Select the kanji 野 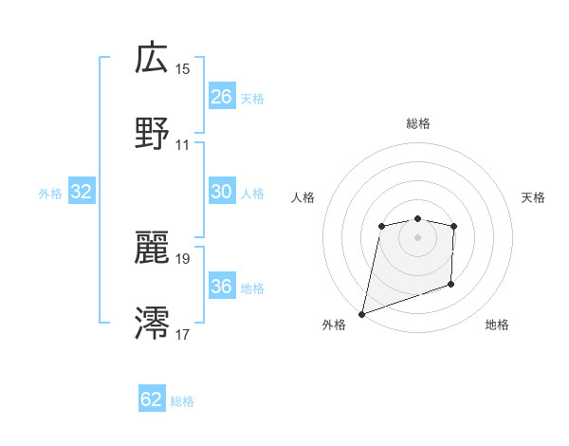152,134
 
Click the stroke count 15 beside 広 183,68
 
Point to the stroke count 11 183,145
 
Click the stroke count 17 183,334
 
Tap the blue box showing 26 221,97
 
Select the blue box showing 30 221,192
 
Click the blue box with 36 221,287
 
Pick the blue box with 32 82,192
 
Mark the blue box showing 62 152,400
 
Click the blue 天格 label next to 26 252,98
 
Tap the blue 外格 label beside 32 50,193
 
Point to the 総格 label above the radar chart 418,123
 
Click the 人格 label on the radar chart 303,197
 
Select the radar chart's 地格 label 497,325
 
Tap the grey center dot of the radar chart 417,236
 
